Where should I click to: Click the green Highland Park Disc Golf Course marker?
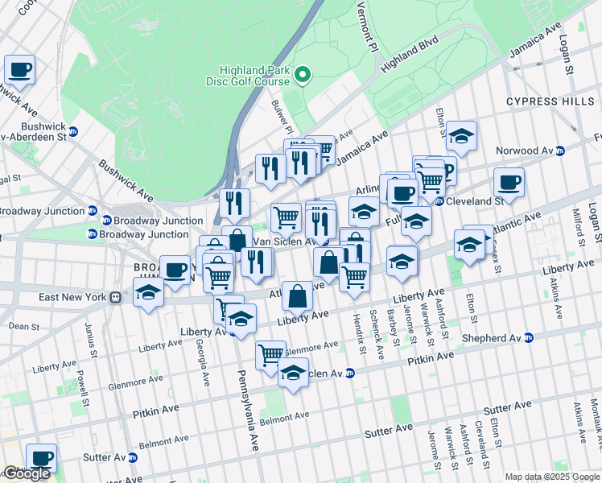(x=303, y=76)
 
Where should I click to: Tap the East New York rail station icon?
(x=116, y=297)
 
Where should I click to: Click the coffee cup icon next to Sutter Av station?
(x=40, y=458)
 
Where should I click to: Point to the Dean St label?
(x=25, y=327)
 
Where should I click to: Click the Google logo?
(x=26, y=473)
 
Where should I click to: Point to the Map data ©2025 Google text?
(x=551, y=477)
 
